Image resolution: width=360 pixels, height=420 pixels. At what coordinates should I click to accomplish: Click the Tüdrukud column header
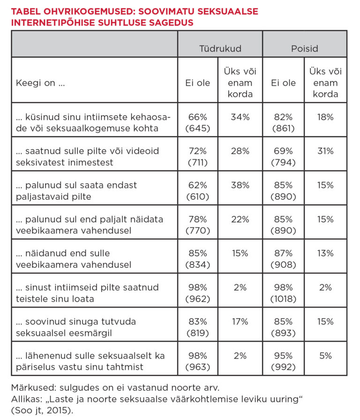[219, 48]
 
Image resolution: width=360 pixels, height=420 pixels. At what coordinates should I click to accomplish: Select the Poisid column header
[305, 48]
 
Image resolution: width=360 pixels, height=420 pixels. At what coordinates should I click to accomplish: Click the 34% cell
[240, 117]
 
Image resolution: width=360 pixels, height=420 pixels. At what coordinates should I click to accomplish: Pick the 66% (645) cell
[197, 122]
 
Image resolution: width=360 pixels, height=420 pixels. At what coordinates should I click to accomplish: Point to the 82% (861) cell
[283, 122]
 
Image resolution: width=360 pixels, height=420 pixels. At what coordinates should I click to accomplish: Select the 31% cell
[325, 151]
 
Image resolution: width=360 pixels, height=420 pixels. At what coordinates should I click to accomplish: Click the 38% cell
[240, 185]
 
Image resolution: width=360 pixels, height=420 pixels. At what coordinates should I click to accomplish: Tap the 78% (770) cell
[197, 225]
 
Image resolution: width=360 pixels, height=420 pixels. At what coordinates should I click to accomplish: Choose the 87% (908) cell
[283, 259]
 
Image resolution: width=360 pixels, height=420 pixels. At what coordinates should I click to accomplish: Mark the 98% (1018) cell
[283, 293]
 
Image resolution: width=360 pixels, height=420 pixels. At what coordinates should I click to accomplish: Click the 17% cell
[240, 322]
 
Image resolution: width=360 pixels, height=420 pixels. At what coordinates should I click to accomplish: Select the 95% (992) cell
[283, 361]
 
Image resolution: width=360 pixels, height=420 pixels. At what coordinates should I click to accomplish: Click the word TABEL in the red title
[28, 11]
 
